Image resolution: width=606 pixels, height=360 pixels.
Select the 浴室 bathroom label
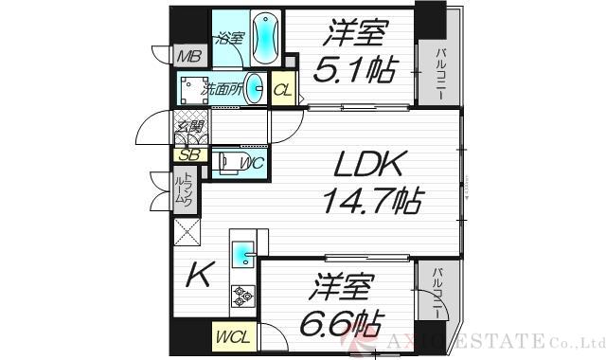[x=229, y=39]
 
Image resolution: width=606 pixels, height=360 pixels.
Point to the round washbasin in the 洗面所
[x=257, y=84]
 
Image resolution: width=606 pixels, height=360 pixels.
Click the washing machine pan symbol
[x=192, y=89]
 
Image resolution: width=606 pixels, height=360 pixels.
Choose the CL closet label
[x=283, y=91]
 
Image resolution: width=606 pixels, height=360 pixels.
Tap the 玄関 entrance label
[x=186, y=122]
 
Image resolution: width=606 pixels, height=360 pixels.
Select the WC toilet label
[x=252, y=164]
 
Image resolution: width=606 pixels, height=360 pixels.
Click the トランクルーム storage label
[x=187, y=191]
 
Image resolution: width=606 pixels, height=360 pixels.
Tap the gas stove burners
[x=243, y=296]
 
